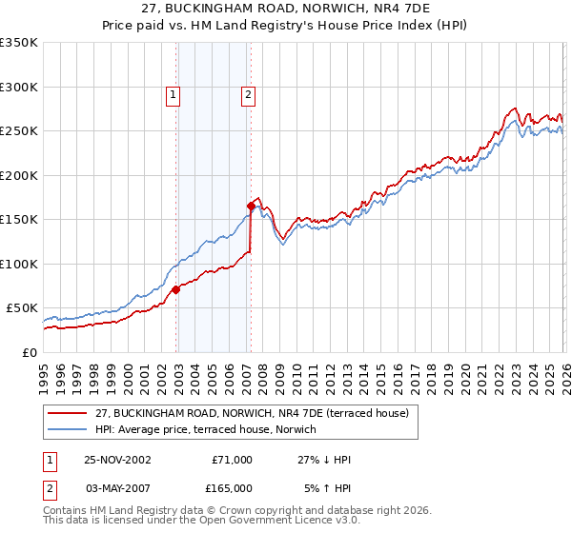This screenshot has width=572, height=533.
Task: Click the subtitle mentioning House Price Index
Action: [286, 27]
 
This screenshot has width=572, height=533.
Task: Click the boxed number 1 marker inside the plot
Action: [173, 94]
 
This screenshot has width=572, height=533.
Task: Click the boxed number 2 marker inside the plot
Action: [247, 94]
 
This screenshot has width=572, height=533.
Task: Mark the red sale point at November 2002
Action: [176, 289]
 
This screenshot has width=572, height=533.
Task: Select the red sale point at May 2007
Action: [251, 206]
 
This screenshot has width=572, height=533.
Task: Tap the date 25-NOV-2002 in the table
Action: [117, 460]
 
